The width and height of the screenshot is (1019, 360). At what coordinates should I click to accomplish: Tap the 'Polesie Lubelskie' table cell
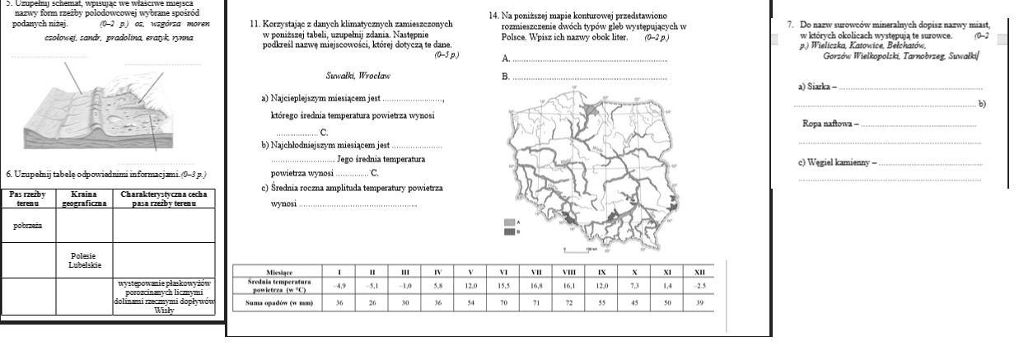(x=83, y=260)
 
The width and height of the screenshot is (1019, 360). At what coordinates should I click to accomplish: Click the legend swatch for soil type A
(x=509, y=222)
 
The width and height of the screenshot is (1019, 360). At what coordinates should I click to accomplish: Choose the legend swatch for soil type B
(x=509, y=231)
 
